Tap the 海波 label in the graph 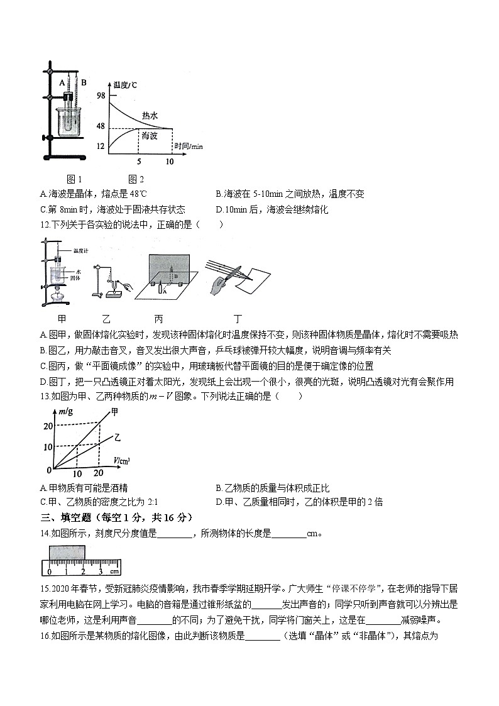(x=149, y=136)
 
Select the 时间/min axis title (x=189, y=146)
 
